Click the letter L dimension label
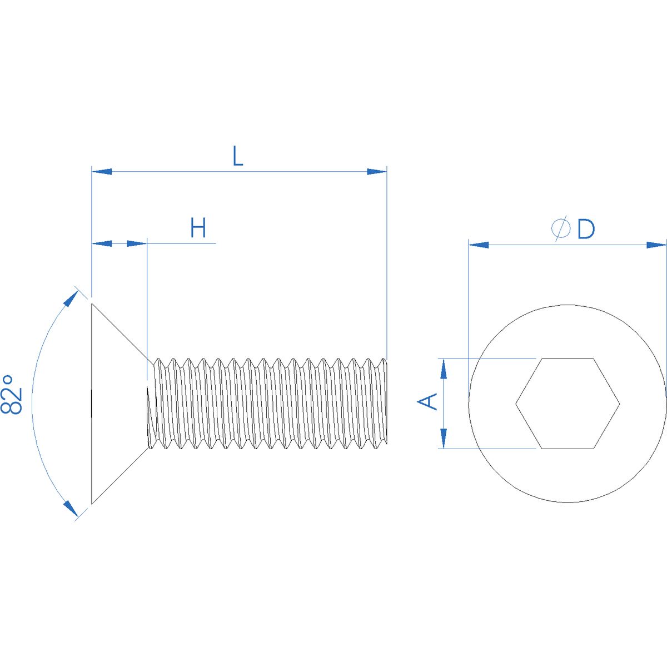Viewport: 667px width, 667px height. [x=237, y=156]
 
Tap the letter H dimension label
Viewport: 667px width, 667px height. [x=198, y=227]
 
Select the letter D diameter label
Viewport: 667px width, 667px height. [x=586, y=229]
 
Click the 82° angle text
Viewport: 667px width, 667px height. [x=12, y=394]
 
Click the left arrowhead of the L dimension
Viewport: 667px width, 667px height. [x=102, y=171]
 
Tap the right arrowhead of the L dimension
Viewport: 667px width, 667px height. [x=377, y=171]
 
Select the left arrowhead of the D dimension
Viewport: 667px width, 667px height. [x=479, y=245]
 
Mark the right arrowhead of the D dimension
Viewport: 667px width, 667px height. [x=656, y=245]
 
